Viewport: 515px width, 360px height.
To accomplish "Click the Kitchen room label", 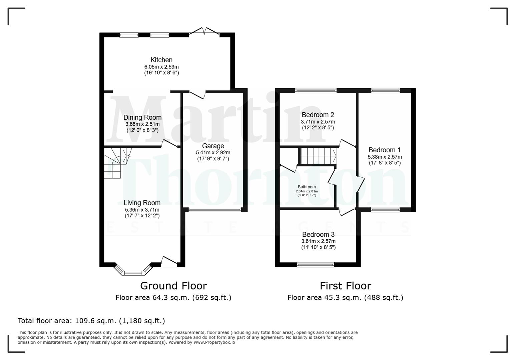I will pyautogui.click(x=161, y=60).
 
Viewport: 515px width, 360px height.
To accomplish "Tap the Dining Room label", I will pyautogui.click(x=142, y=117).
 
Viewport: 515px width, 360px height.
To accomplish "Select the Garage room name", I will pyautogui.click(x=213, y=146).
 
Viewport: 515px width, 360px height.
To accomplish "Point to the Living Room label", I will pyautogui.click(x=142, y=203).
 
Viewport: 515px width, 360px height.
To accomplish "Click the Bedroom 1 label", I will pyautogui.click(x=385, y=150).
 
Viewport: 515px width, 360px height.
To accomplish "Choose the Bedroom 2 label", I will pyautogui.click(x=318, y=115).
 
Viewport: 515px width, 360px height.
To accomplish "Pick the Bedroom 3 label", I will pyautogui.click(x=318, y=235).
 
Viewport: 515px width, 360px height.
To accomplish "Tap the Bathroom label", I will pyautogui.click(x=307, y=187).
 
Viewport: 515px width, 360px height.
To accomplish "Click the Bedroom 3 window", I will pyautogui.click(x=316, y=265).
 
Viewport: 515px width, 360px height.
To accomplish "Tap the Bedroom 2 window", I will pyautogui.click(x=316, y=90).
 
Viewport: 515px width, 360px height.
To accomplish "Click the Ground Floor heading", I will pyautogui.click(x=173, y=286).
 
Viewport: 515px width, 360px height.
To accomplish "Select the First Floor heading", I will pyautogui.click(x=345, y=286).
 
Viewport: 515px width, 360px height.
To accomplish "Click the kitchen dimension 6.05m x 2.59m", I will pyautogui.click(x=161, y=67).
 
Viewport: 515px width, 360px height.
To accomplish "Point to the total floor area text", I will pyautogui.click(x=91, y=321).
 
